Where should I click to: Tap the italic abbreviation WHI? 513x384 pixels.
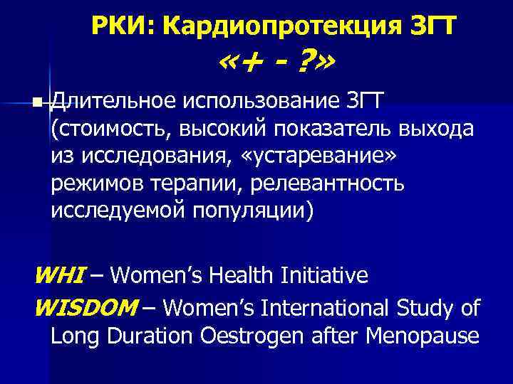point(61,275)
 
